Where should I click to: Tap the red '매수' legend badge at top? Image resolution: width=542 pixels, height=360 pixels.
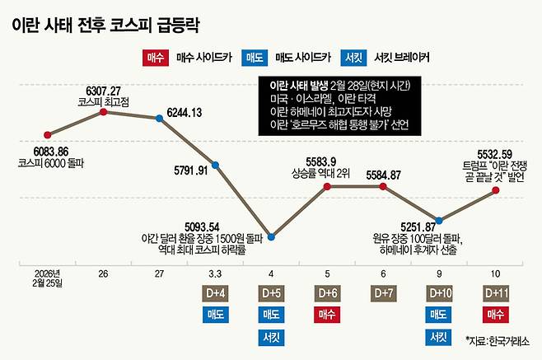[x=154, y=59]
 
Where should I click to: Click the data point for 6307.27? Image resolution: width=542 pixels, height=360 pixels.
[x=103, y=110]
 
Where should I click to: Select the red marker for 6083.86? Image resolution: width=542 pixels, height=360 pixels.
[x=48, y=133]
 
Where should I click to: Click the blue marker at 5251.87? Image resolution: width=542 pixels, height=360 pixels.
[x=439, y=220]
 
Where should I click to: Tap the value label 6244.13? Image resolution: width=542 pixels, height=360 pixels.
[x=186, y=112]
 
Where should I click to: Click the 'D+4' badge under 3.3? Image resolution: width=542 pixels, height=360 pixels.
[x=215, y=292]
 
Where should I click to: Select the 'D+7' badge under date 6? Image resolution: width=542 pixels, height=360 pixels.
[x=384, y=292]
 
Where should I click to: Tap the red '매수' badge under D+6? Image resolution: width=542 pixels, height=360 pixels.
[x=328, y=314]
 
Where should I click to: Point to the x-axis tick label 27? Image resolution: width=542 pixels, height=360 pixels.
[x=159, y=272]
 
